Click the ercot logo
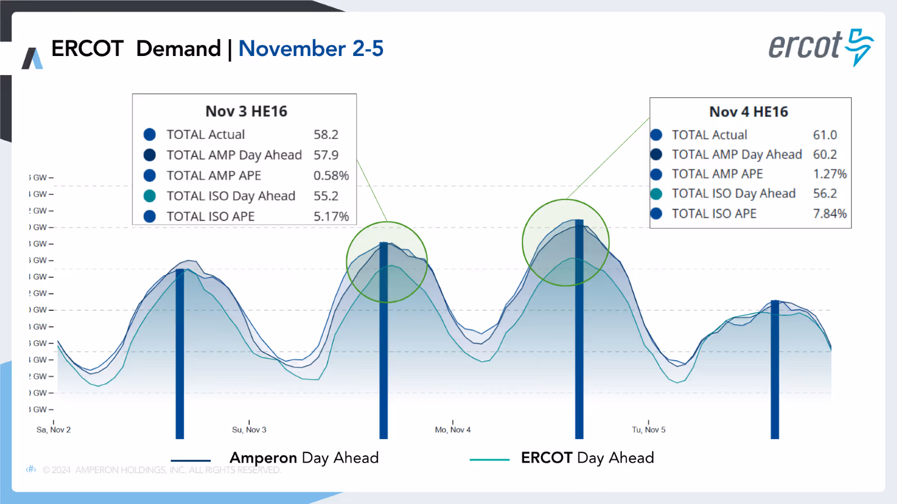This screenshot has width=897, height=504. coord(820,47)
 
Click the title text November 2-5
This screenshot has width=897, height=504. coord(311,49)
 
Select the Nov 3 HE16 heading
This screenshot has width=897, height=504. coord(246,111)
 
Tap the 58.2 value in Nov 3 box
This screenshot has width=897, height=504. coord(326,134)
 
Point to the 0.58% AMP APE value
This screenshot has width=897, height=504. coord(331,175)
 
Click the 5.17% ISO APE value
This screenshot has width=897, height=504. coord(331,216)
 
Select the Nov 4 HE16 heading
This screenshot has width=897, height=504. coord(748,112)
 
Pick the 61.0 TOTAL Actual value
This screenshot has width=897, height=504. coord(825,135)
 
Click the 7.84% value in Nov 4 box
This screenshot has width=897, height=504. coord(830,213)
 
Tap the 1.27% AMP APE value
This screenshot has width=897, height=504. coord(830,174)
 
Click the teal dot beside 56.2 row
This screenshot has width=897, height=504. coord(656,194)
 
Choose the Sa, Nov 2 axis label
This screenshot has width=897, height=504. coord(53,430)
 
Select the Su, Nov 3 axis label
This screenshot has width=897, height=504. coord(249,430)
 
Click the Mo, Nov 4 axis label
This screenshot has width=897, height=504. coord(452,430)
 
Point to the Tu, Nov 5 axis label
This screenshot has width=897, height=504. coord(649,430)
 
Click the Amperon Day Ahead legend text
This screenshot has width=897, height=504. coord(304,458)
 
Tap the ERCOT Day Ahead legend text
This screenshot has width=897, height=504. coord(587,458)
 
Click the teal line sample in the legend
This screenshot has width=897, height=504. coord(489,460)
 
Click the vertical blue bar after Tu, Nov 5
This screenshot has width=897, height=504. coord(775,370)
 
